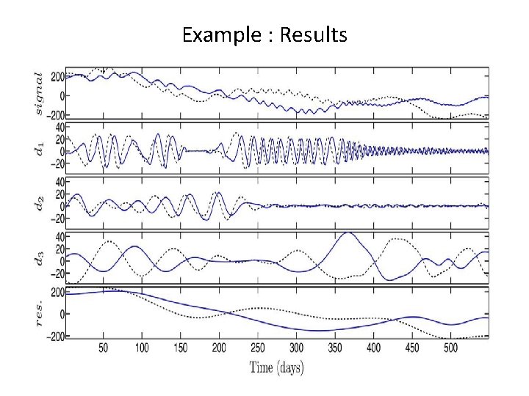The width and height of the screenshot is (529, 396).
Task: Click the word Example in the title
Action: tap(212, 34)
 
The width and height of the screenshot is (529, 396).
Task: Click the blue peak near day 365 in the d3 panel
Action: tap(347, 233)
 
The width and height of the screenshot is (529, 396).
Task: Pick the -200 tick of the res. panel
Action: tap(54, 335)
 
